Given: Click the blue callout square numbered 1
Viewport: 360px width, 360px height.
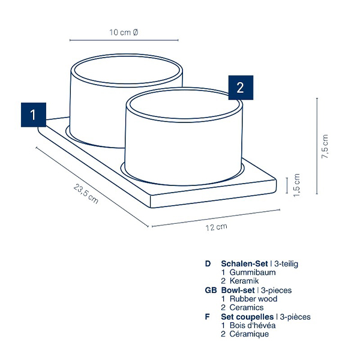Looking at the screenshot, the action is coord(34,115).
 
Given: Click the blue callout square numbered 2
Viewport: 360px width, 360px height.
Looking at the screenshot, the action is coord(241,88).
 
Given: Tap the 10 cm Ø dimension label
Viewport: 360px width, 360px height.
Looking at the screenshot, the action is coord(124,32).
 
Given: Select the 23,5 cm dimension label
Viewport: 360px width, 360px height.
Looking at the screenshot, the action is coord(86,194).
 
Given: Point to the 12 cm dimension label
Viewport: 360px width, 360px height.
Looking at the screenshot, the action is coord(216,227).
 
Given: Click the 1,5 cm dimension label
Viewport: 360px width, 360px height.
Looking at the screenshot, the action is coord(296,185).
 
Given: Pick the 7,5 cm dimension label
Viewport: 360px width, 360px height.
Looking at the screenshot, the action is coord(325,146).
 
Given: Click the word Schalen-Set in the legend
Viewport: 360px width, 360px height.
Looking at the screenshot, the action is coord(244,263).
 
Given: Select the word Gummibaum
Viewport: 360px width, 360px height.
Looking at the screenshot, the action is coord(253,272).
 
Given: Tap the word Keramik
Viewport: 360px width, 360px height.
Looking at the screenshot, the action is coord(244,281).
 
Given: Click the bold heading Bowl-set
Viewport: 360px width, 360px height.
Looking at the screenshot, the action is coord(238,290).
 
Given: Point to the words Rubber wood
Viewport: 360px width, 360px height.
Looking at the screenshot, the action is coord(253,299).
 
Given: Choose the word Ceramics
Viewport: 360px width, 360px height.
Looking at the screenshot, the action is coord(247,307).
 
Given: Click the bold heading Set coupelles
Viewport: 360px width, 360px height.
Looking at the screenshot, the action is coord(247,317).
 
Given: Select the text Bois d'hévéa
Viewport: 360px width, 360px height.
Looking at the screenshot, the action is coord(253,325).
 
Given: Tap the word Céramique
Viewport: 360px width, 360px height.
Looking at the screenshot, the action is coord(249,334).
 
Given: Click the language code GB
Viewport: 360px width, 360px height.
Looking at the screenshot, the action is coord(211,290).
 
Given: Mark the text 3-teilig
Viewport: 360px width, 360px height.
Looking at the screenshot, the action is coord(286,264).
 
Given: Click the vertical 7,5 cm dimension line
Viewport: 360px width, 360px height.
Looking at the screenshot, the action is coord(317,146).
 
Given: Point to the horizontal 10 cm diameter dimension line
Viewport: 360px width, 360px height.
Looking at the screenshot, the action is coord(124,40).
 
